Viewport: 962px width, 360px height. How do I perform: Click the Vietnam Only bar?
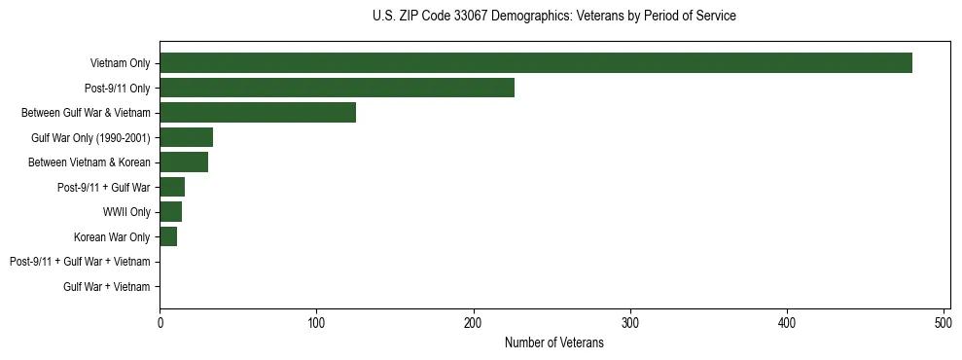pyautogui.click(x=536, y=63)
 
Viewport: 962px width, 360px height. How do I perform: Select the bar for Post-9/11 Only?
pyautogui.click(x=337, y=89)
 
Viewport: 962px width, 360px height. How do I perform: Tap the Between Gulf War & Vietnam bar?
pyautogui.click(x=258, y=113)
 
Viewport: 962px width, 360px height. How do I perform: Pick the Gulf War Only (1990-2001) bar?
pyautogui.click(x=186, y=137)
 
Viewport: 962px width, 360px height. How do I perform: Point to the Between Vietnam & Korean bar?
pyautogui.click(x=184, y=162)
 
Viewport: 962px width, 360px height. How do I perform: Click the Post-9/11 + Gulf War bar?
pyautogui.click(x=172, y=188)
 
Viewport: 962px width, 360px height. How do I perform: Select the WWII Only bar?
pyautogui.click(x=170, y=212)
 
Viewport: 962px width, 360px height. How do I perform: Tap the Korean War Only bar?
pyautogui.click(x=168, y=237)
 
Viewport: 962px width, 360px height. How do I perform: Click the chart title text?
pyautogui.click(x=553, y=17)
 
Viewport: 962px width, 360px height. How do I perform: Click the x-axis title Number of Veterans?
pyautogui.click(x=554, y=343)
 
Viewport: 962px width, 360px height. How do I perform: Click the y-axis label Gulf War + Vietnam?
pyautogui.click(x=107, y=287)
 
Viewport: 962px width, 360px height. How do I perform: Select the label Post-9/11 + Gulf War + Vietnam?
pyautogui.click(x=80, y=262)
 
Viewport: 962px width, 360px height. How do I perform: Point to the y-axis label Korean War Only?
pyautogui.click(x=112, y=237)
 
